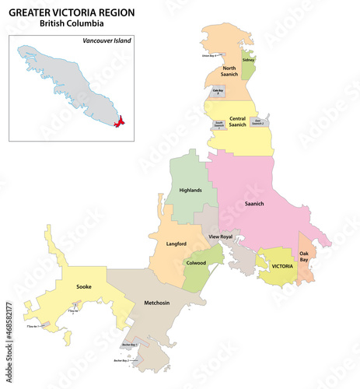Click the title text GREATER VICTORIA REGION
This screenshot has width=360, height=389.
tap(72, 12)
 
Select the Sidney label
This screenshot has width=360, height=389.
tap(248, 60)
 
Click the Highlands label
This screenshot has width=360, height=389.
tap(190, 190)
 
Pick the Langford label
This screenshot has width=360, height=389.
tap(177, 244)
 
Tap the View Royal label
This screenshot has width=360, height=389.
tap(221, 236)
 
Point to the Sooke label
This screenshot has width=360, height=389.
tap(83, 287)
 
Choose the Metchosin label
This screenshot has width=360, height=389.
tap(158, 303)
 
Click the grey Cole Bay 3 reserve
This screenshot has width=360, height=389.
tap(218, 91)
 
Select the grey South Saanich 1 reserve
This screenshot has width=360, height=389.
tap(219, 123)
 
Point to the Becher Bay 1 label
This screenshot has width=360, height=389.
tap(129, 345)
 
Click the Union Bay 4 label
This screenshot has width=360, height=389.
tap(207, 56)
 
